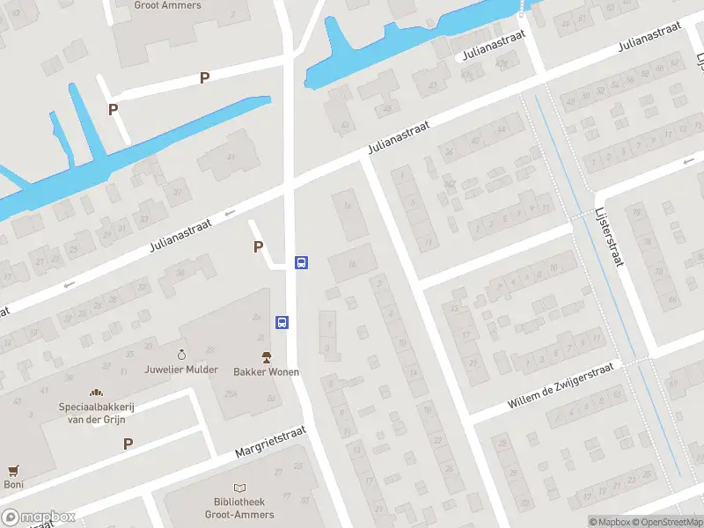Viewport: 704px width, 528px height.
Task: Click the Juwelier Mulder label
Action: (x=180, y=370)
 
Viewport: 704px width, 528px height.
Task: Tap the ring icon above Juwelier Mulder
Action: (x=181, y=354)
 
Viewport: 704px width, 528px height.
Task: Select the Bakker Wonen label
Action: (x=266, y=371)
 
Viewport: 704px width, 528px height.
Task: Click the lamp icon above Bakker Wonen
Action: (x=266, y=356)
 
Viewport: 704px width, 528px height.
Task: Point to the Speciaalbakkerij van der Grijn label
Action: (x=97, y=414)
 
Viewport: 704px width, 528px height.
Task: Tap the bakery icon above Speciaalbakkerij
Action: (x=95, y=392)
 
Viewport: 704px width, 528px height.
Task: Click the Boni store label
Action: (x=13, y=484)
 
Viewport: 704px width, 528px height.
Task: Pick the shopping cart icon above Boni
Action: (x=12, y=471)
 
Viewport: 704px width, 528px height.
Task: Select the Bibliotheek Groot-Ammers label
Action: (x=239, y=509)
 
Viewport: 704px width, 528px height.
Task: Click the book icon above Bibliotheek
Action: (x=239, y=488)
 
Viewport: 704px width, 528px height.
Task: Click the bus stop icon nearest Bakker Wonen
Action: (x=282, y=323)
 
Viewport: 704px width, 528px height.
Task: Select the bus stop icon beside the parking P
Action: (x=301, y=262)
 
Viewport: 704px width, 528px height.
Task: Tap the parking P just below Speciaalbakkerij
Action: (x=128, y=444)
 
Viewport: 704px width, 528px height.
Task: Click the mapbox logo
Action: (x=39, y=517)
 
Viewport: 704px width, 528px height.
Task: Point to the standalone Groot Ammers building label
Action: (x=167, y=5)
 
